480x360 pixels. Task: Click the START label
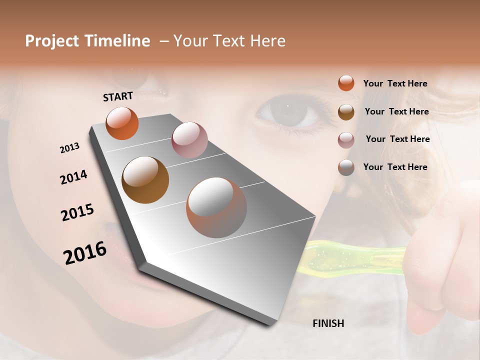[118, 96]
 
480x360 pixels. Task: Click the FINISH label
[328, 323]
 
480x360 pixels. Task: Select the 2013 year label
[69, 148]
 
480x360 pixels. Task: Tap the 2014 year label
[73, 177]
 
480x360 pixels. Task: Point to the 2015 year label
[77, 212]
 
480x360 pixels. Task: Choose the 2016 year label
[85, 253]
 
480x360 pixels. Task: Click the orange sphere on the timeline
[122, 123]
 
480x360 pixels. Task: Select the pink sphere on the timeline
[189, 140]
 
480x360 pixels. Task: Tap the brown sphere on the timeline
[145, 180]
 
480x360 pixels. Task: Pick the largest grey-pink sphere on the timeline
[216, 207]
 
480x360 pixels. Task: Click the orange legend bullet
[346, 83]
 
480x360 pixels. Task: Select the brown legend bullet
[346, 112]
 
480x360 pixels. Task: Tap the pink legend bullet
[346, 140]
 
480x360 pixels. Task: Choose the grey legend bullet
[346, 167]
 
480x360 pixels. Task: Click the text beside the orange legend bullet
[395, 83]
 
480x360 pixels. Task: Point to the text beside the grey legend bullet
[395, 167]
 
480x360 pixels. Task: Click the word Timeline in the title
[117, 41]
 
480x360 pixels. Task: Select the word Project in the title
[52, 41]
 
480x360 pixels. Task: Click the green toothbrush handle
[350, 256]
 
